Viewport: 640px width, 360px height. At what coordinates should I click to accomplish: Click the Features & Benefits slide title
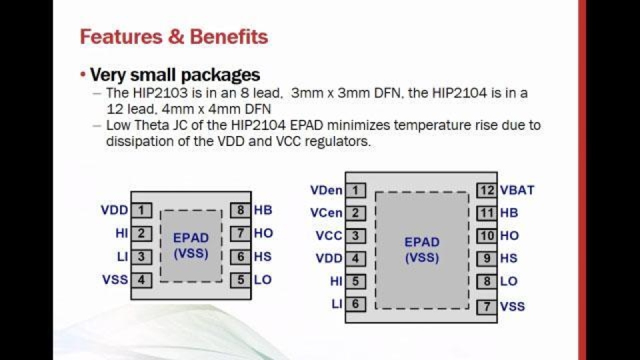(173, 37)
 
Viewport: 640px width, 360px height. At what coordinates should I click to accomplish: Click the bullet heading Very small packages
(175, 74)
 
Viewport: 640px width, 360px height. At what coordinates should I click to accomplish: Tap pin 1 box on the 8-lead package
(141, 211)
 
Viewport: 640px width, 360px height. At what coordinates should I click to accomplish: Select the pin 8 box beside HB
(241, 211)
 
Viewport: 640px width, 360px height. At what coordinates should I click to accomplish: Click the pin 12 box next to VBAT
(487, 191)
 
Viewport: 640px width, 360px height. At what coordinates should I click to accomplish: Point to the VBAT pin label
(517, 191)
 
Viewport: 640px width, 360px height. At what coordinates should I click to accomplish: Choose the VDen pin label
(327, 191)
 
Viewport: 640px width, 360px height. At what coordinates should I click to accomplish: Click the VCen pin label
(327, 213)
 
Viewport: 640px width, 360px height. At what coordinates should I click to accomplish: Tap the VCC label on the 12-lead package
(329, 236)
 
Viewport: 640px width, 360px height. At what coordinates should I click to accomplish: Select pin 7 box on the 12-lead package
(487, 307)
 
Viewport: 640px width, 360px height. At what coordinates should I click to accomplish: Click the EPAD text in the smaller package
(191, 238)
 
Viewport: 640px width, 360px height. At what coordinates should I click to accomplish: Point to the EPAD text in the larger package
(422, 242)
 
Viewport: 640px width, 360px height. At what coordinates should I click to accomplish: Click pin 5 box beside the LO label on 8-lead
(241, 280)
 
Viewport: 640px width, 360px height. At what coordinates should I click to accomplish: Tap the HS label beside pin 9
(509, 259)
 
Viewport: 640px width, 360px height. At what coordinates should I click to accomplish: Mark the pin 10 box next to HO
(487, 236)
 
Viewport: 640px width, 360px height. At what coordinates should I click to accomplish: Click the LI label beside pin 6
(337, 304)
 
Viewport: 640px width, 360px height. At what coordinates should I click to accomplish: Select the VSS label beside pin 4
(115, 280)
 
